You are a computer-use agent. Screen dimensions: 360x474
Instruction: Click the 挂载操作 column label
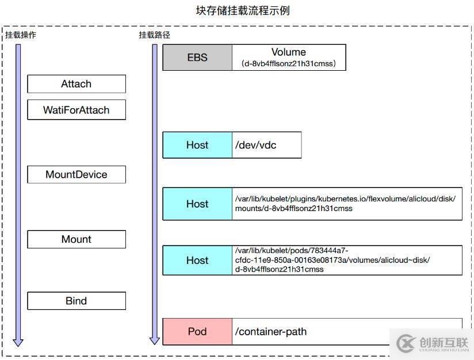[x=21, y=35]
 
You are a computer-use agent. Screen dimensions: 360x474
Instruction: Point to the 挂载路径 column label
[x=154, y=35]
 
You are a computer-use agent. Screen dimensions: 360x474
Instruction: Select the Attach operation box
[x=77, y=84]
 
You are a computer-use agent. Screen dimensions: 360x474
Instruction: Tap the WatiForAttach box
[x=77, y=110]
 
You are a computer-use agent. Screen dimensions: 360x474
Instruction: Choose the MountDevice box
[x=77, y=174]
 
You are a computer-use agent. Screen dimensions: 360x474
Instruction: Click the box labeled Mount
[x=77, y=239]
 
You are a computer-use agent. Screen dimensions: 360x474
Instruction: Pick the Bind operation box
[x=77, y=301]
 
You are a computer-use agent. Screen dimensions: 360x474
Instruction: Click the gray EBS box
[x=197, y=58]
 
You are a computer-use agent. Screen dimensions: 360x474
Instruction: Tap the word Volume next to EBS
[x=289, y=52]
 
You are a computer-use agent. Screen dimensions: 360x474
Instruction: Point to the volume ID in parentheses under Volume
[x=289, y=64]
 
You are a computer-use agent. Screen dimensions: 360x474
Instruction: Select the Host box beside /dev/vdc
[x=197, y=145]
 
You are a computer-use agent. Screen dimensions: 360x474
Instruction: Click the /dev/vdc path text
[x=255, y=145]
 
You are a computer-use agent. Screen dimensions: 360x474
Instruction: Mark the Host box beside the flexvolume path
[x=197, y=204]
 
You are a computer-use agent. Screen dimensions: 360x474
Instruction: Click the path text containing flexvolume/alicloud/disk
[x=345, y=199]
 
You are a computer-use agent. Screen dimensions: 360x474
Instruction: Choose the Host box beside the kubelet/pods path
[x=197, y=260]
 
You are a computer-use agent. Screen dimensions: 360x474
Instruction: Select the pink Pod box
[x=197, y=331]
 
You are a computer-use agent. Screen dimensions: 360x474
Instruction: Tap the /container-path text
[x=271, y=331]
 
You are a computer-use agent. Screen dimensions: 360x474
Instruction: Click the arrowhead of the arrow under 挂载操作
[x=18, y=342]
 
